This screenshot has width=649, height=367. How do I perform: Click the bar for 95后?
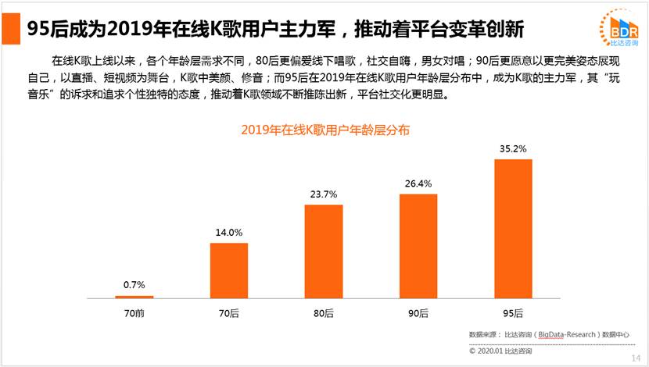click(x=513, y=228)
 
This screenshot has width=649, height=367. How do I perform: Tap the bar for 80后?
click(x=324, y=251)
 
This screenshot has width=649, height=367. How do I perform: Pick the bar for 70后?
click(x=229, y=270)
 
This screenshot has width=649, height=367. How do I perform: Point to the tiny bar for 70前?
click(x=134, y=297)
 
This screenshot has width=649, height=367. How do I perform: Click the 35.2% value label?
click(x=513, y=148)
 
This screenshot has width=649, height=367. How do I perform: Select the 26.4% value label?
click(x=418, y=183)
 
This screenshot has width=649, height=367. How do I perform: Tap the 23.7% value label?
click(x=324, y=194)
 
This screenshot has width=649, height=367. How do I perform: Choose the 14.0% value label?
click(x=229, y=233)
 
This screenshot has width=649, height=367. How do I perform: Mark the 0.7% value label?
click(x=134, y=285)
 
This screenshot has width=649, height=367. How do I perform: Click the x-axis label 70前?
click(x=134, y=313)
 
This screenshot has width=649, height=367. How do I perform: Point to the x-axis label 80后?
click(x=324, y=313)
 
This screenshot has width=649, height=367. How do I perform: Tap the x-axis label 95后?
click(x=513, y=313)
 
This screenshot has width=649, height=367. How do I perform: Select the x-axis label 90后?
click(x=418, y=313)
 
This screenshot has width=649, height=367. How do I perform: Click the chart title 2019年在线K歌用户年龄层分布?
click(x=324, y=130)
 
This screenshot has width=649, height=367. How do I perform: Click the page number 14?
click(x=635, y=358)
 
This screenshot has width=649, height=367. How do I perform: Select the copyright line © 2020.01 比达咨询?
click(x=500, y=351)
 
